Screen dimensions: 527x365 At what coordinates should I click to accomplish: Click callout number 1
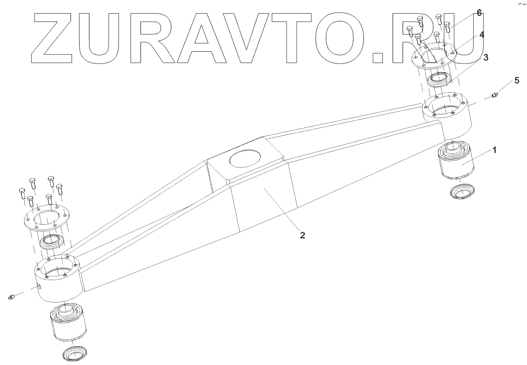pos(495,149)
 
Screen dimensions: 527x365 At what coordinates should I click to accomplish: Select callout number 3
pos(486,58)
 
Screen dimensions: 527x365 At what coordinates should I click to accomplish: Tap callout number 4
pos(481,34)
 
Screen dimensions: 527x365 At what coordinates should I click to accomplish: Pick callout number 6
pos(478,14)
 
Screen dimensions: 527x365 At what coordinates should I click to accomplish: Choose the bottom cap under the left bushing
pos(76,353)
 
